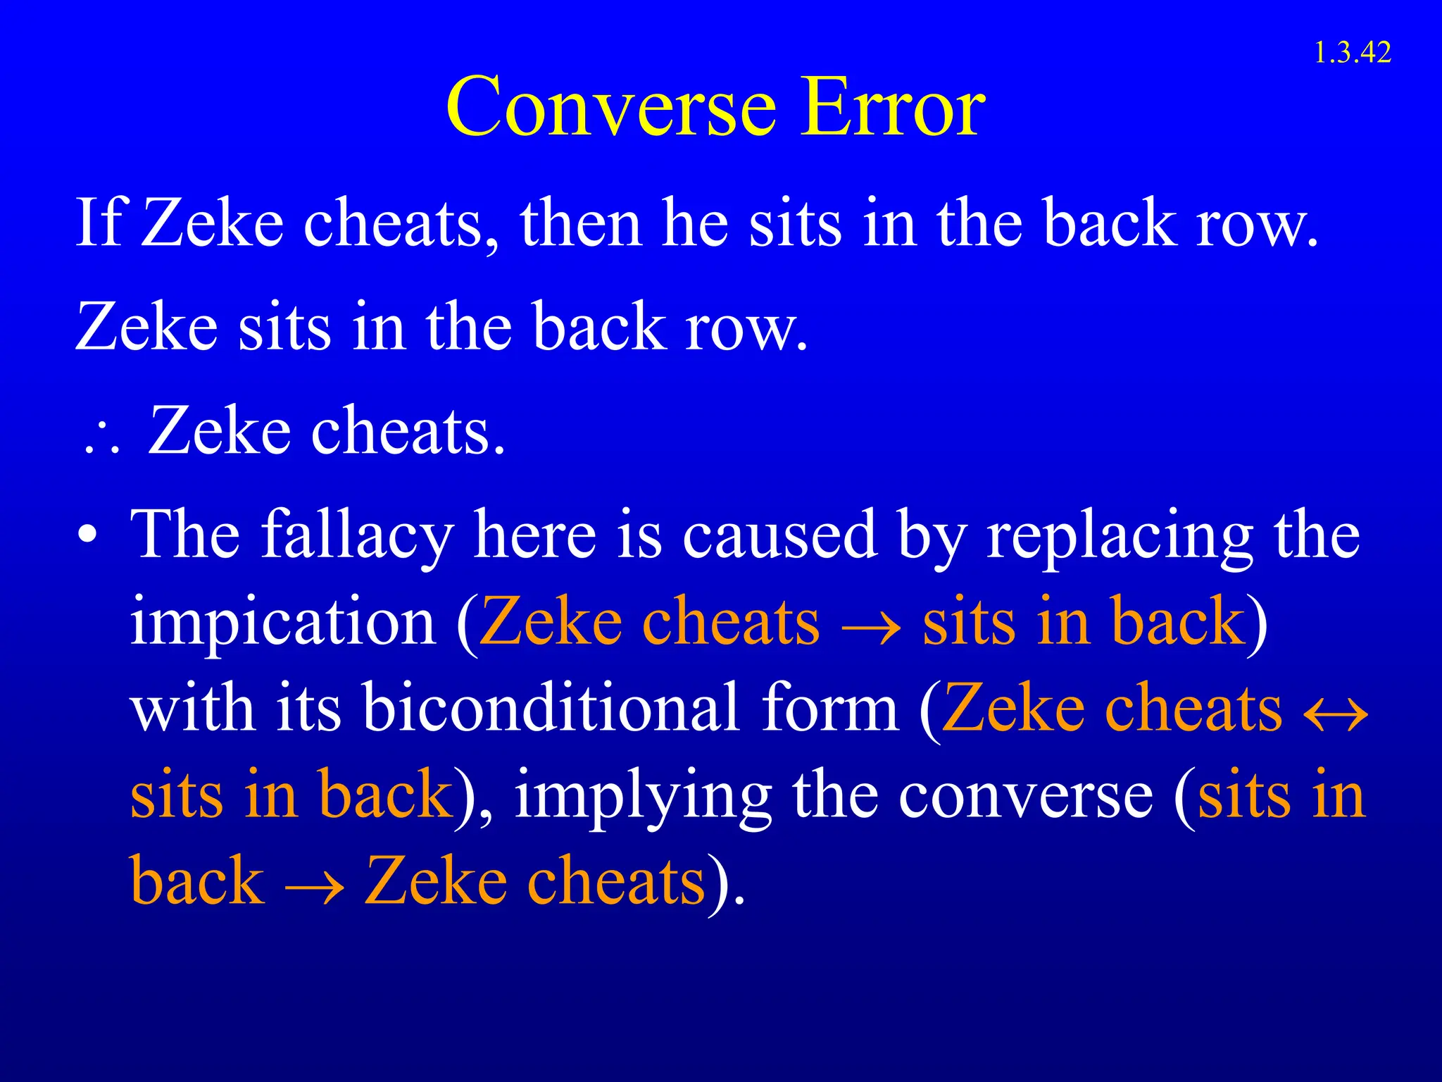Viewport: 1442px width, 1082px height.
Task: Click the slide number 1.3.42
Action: (1352, 53)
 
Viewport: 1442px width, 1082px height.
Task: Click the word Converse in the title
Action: (611, 107)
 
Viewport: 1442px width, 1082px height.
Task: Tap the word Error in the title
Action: (894, 107)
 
